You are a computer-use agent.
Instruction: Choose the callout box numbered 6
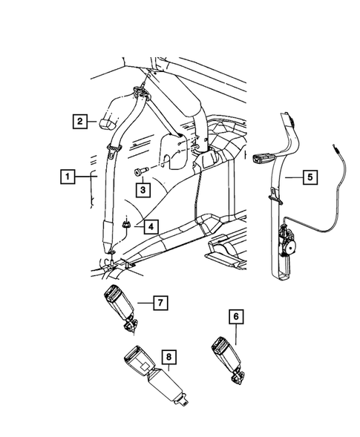(237, 317)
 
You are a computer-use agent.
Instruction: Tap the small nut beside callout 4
(128, 222)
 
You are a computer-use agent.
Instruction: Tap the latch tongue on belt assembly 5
(264, 157)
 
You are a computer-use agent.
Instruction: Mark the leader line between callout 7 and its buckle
(143, 303)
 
